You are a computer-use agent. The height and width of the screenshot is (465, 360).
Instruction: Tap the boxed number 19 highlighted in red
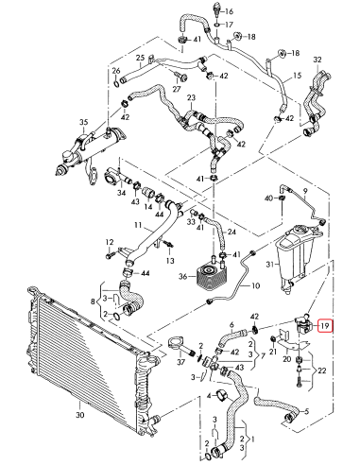324,326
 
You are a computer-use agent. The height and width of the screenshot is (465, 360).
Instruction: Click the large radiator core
85,350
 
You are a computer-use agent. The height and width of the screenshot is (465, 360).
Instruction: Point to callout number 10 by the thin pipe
255,285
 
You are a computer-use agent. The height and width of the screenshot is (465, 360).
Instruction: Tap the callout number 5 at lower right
302,413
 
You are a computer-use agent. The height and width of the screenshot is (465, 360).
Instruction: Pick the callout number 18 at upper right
294,53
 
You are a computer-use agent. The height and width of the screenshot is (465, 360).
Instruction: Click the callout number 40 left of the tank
268,198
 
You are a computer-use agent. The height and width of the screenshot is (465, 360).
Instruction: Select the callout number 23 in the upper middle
191,98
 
